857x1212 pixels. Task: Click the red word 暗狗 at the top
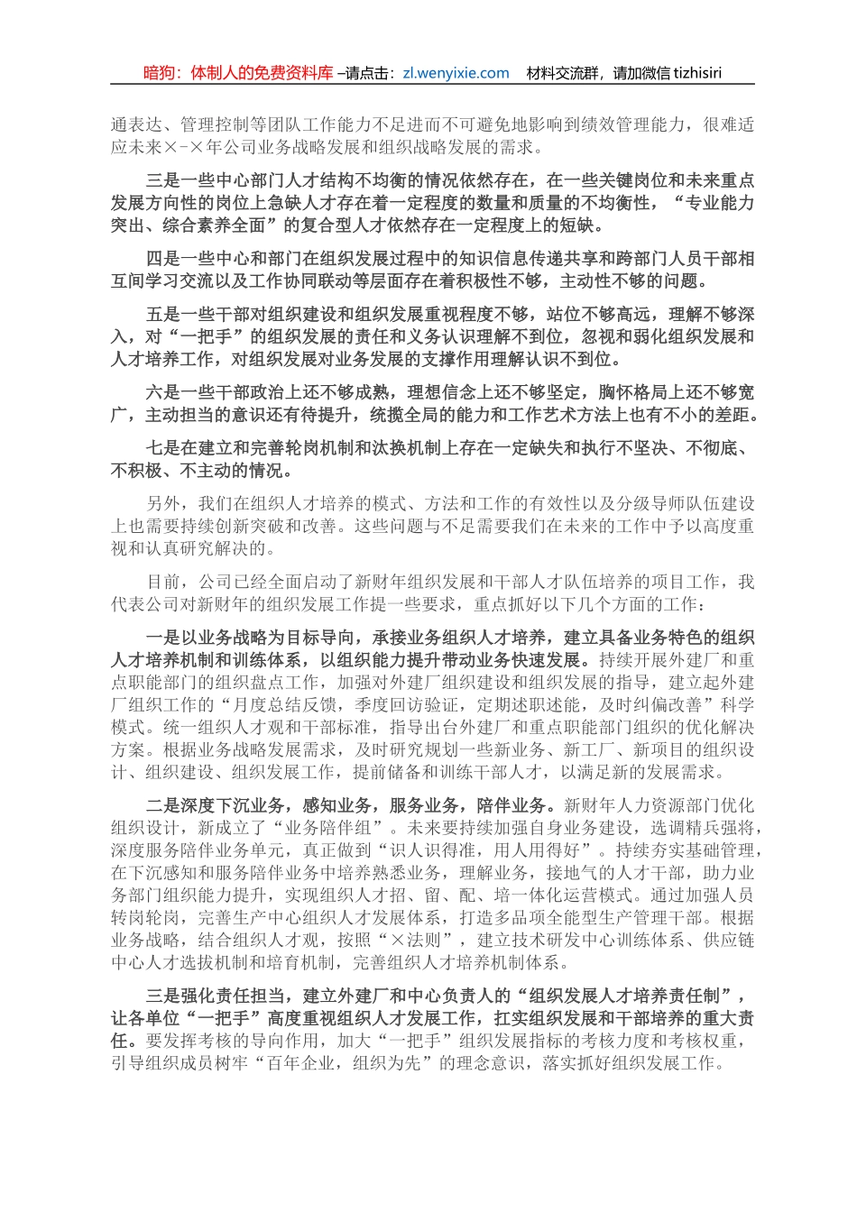click(x=160, y=74)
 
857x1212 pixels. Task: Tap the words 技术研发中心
click(x=564, y=940)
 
